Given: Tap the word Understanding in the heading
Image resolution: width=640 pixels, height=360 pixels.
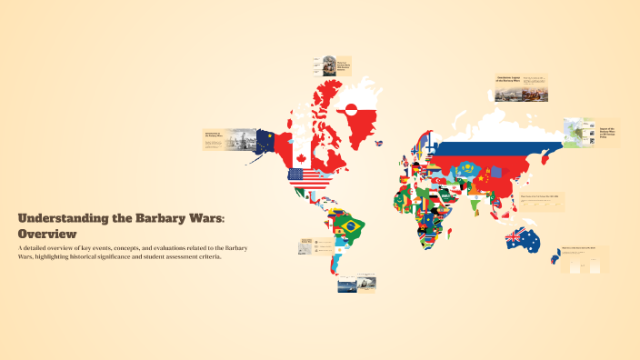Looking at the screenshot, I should coord(61,219).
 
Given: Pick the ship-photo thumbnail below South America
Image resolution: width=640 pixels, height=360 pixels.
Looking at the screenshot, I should coord(357,284).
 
